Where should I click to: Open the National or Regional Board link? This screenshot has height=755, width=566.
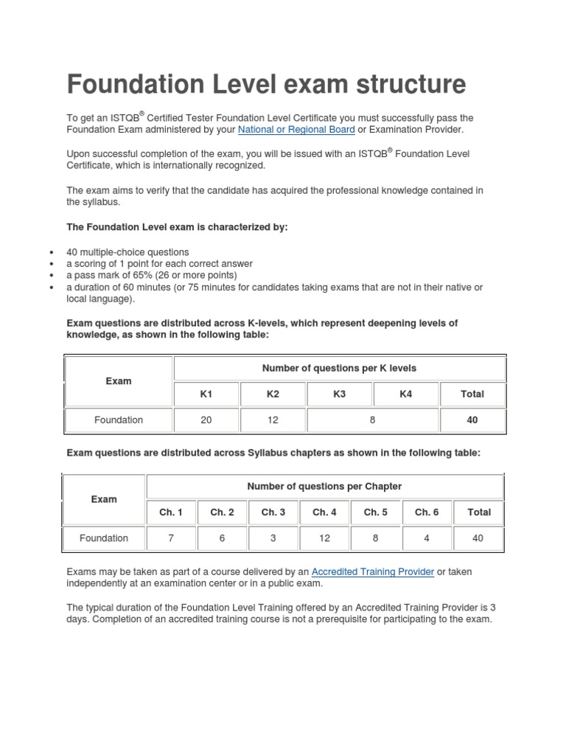(x=296, y=130)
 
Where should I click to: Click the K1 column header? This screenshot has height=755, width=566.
(x=206, y=394)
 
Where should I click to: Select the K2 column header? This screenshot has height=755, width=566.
(x=273, y=394)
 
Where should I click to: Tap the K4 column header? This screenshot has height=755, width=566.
(x=405, y=394)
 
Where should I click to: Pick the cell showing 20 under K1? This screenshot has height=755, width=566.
(x=206, y=420)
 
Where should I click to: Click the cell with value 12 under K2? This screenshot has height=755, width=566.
(x=273, y=420)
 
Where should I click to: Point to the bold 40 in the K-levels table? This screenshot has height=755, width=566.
(x=472, y=420)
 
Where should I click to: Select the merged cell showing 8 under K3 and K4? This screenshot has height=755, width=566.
(x=373, y=420)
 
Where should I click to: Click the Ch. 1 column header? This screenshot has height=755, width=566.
(x=171, y=512)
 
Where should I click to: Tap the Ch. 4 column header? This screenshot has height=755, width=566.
(x=324, y=512)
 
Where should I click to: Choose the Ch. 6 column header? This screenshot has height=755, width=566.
(x=427, y=512)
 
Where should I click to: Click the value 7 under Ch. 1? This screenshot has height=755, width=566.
(x=171, y=538)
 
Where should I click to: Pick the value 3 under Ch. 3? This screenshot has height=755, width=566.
(x=273, y=538)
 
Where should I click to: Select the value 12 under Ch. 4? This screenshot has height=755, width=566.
(x=324, y=538)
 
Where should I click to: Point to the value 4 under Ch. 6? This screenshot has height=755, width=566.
(x=427, y=538)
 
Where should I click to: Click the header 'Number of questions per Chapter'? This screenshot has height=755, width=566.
(x=324, y=487)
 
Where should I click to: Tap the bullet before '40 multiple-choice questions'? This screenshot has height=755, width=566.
(x=50, y=252)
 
